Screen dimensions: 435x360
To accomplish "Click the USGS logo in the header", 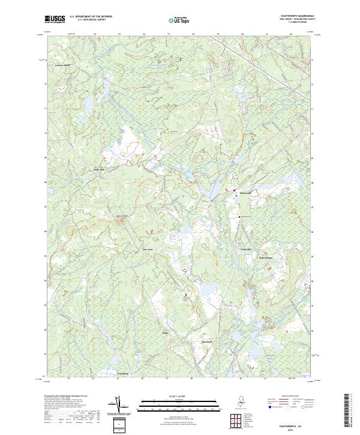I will pos(55,19).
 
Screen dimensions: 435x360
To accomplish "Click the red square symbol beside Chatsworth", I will pos(234,190).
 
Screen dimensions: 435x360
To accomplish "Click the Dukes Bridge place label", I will pos(265,258).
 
